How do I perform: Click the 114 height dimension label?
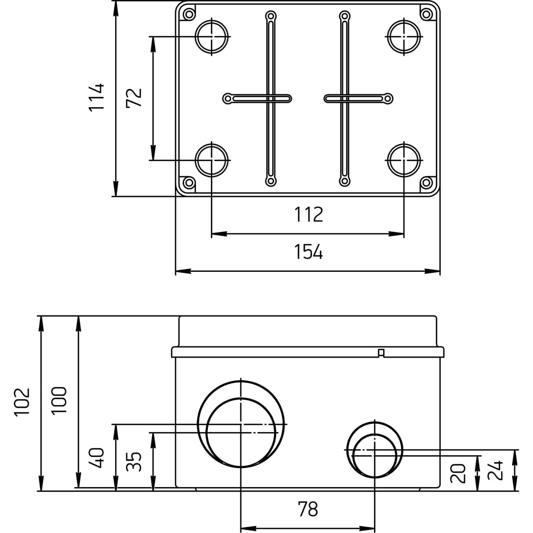(96, 96)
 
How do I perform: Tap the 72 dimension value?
(134, 98)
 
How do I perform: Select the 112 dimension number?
(308, 214)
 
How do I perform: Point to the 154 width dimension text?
(308, 252)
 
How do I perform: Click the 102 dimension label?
(22, 401)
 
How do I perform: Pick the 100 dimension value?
(59, 400)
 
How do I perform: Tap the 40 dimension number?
(96, 458)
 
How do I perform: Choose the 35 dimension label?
(134, 461)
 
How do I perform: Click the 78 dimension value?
(308, 509)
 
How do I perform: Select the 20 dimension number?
(458, 473)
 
